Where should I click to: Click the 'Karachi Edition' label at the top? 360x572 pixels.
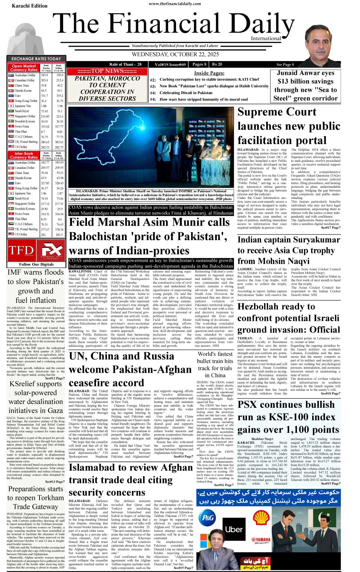(x=29, y=6)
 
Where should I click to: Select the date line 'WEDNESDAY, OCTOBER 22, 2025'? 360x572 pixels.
(x=175, y=54)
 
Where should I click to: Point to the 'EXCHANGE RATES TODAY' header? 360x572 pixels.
(x=36, y=59)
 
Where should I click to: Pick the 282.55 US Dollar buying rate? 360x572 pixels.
(x=45, y=147)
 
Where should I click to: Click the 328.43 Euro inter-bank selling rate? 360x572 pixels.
(x=59, y=183)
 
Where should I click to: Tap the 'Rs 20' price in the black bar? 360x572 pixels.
(x=217, y=64)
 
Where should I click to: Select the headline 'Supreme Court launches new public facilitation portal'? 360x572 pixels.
(x=289, y=126)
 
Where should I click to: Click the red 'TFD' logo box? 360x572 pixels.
(x=21, y=250)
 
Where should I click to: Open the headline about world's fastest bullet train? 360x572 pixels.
(x=215, y=364)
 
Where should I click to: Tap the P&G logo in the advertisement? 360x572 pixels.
(x=208, y=518)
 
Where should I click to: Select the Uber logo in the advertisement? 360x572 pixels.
(x=234, y=529)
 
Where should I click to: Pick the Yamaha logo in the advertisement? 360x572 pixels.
(x=261, y=540)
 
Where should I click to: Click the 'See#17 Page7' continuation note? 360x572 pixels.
(x=330, y=228)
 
